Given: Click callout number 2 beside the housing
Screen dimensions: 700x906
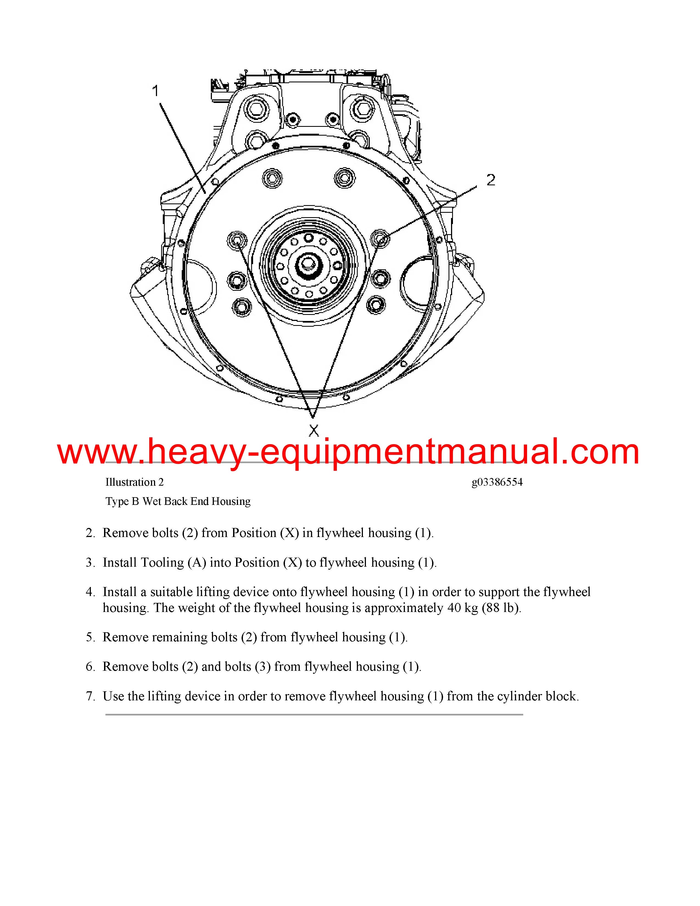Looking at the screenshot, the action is click(x=491, y=180).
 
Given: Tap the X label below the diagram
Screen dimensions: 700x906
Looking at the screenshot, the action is click(x=314, y=430).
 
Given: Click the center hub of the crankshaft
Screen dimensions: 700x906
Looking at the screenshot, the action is click(x=308, y=264).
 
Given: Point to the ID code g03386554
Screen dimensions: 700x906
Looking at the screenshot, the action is click(x=497, y=482).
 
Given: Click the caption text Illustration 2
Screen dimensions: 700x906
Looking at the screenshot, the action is click(x=134, y=482).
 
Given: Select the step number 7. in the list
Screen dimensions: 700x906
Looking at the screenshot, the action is click(x=90, y=696).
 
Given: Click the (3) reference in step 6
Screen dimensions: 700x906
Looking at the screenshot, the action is click(x=262, y=667).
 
